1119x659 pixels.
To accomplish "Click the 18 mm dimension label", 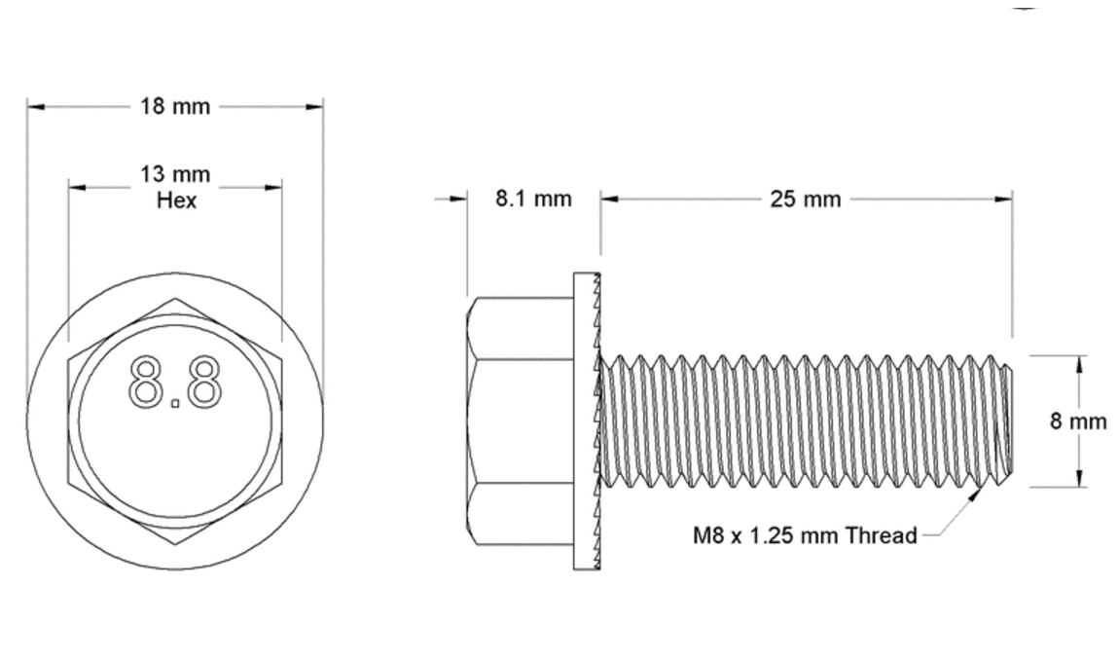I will tap(175, 106).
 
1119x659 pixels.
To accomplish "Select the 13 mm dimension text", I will tap(175, 175).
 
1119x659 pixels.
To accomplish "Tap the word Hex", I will tap(176, 201).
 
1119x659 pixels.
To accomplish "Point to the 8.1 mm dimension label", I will tap(533, 199).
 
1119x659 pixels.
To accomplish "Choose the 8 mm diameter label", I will tap(1078, 421).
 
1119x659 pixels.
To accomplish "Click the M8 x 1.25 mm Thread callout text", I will tap(805, 534).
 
